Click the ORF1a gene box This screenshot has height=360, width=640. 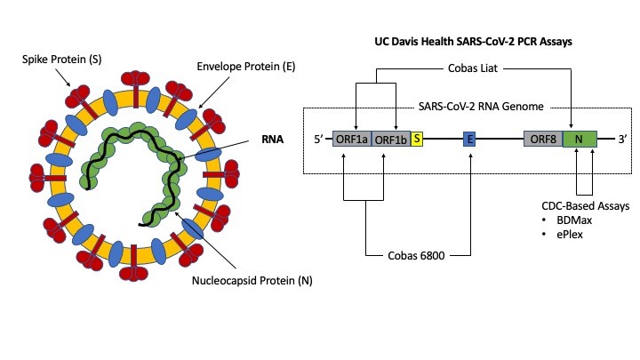point(352,139)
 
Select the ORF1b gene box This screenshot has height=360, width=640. point(390,139)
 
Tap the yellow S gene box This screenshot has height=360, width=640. point(416,139)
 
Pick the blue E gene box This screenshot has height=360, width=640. point(470,139)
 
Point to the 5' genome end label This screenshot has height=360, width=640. point(318,140)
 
